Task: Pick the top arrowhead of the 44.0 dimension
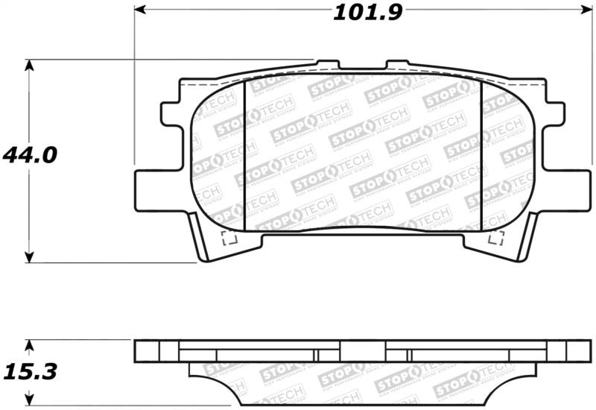[x=29, y=66]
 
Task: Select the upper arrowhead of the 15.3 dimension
[x=29, y=346]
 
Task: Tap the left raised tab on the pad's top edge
[x=327, y=66]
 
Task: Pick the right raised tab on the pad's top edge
[x=399, y=66]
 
